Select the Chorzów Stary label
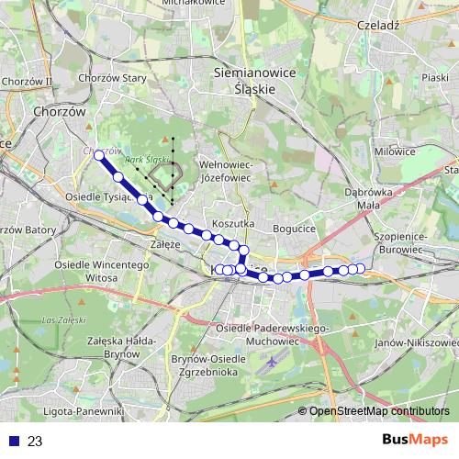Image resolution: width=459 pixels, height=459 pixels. tap(121, 78)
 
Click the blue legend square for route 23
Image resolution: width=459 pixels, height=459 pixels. tap(13, 442)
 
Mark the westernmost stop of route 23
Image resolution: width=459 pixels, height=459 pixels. tap(98, 155)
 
